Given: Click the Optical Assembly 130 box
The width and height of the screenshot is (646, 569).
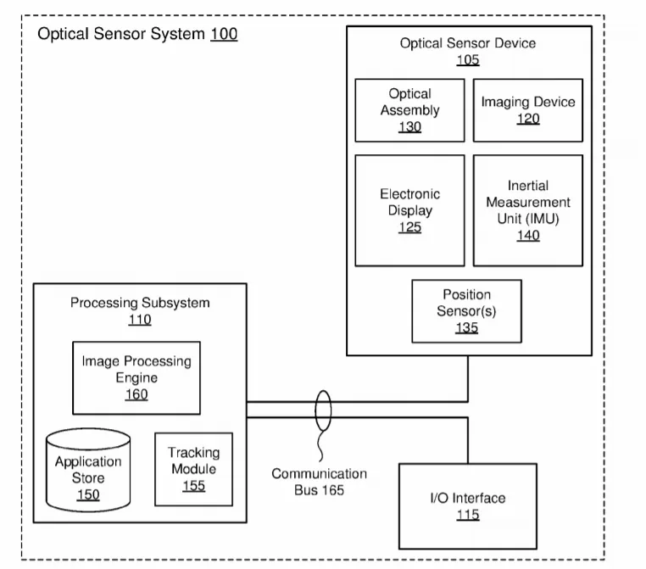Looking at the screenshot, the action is [409, 110].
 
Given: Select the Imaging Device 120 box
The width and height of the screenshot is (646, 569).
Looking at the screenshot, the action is [528, 110].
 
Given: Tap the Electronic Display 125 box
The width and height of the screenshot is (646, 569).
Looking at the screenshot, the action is [409, 210].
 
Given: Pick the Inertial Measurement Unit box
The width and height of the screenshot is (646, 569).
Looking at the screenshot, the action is [528, 210].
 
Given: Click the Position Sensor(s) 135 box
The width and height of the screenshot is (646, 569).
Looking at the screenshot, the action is [466, 311].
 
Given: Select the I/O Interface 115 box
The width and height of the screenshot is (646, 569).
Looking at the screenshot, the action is [468, 506].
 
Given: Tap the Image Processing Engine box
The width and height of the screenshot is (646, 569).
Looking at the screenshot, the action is [136, 377].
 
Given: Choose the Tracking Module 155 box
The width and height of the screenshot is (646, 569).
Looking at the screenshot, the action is [193, 469].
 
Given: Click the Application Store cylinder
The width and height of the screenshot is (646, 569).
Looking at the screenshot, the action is [88, 470].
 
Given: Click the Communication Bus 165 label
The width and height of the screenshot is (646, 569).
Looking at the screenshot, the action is [319, 482].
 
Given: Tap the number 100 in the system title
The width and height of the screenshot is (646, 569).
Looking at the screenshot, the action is [224, 34].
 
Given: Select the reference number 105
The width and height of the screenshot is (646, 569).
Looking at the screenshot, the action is [468, 60].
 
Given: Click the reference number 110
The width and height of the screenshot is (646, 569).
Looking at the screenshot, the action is [140, 320].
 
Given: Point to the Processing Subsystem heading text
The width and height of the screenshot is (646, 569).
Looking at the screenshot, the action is [140, 303].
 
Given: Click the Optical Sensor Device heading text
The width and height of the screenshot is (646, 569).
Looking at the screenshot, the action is [468, 43].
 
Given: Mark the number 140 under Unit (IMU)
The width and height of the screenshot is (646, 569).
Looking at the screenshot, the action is [528, 235].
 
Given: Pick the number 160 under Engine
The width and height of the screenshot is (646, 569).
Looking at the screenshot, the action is [136, 394].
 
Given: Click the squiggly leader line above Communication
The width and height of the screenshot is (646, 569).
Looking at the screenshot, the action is [320, 446].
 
